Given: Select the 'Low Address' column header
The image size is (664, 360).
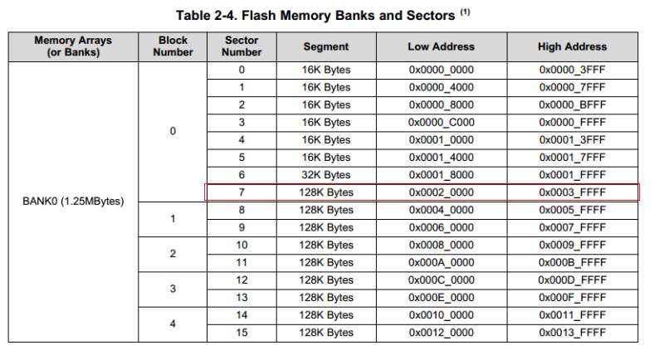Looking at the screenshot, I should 441,46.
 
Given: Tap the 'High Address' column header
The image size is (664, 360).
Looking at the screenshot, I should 572,46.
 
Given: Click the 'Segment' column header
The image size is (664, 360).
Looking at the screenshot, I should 326,46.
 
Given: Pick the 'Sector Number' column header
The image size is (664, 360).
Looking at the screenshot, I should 242,46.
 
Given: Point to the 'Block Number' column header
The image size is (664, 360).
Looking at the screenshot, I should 173,46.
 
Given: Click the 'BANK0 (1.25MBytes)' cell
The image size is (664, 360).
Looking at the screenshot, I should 73,202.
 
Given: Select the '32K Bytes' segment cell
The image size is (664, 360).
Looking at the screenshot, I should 326,175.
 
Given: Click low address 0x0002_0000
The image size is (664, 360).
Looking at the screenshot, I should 441,192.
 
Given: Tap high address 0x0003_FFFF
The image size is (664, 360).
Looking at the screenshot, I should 572,192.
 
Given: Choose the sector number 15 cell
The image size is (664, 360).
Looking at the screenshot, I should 242,333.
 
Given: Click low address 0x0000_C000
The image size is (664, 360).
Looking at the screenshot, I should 441,122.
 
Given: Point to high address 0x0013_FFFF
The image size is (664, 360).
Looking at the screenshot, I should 572,333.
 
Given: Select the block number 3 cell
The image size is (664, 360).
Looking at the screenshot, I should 173,289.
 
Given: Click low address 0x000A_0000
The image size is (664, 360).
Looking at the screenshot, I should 441,262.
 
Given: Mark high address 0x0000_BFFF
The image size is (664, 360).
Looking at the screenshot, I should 572,105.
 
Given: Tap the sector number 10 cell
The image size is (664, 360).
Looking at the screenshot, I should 242,245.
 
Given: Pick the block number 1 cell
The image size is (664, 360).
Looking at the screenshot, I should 173,219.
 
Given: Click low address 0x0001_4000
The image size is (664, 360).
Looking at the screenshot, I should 441,158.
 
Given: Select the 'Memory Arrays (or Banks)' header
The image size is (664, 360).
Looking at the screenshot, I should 73,46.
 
